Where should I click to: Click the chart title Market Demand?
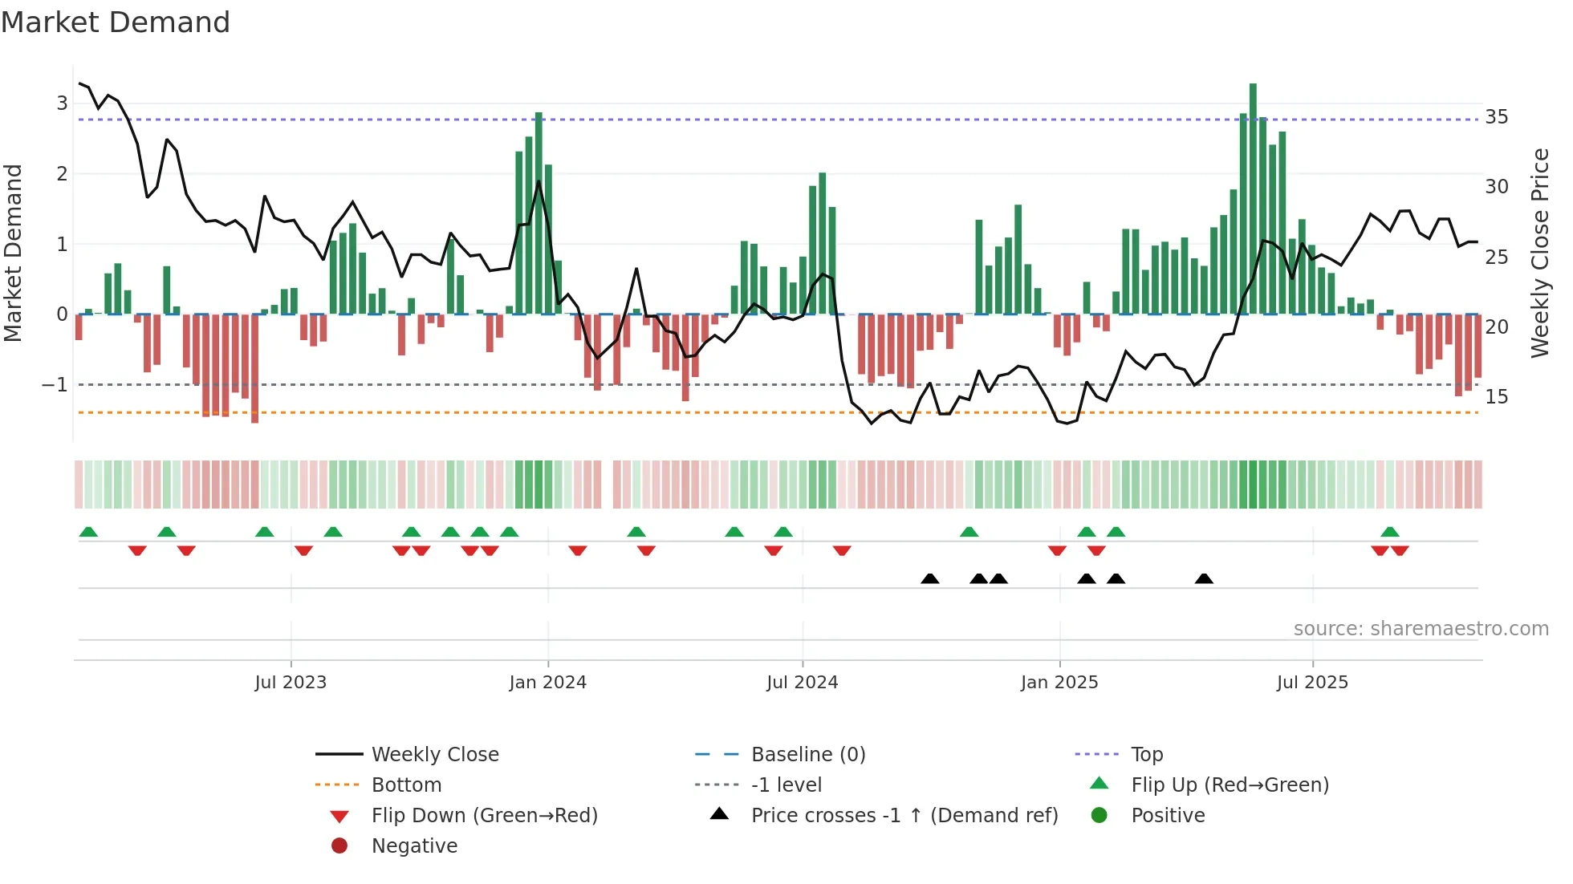pyautogui.click(x=116, y=22)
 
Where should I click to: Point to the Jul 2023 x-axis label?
pyautogui.click(x=291, y=682)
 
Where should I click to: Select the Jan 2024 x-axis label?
pyautogui.click(x=548, y=682)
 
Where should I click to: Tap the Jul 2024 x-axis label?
pyautogui.click(x=803, y=682)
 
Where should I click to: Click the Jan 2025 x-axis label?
pyautogui.click(x=1059, y=682)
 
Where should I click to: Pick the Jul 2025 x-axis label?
pyautogui.click(x=1313, y=682)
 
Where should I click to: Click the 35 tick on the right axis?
pyautogui.click(x=1497, y=117)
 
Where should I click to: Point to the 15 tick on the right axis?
pyautogui.click(x=1497, y=397)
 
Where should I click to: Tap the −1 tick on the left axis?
pyautogui.click(x=55, y=385)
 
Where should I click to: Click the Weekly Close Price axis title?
pyautogui.click(x=1539, y=253)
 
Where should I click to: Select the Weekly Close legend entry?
pyautogui.click(x=435, y=754)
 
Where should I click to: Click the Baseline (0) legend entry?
pyautogui.click(x=808, y=754)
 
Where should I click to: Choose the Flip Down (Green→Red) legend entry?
pyautogui.click(x=484, y=815)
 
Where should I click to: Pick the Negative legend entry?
pyautogui.click(x=414, y=845)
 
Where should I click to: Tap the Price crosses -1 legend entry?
pyautogui.click(x=904, y=815)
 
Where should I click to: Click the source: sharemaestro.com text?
pyautogui.click(x=1421, y=628)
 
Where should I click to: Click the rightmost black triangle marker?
pyautogui.click(x=1204, y=578)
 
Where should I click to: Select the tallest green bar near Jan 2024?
pyautogui.click(x=539, y=213)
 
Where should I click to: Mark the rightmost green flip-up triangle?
pyautogui.click(x=1390, y=532)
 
